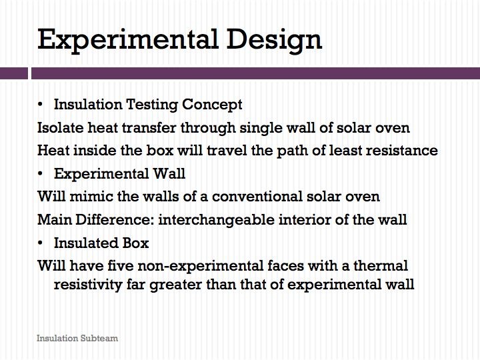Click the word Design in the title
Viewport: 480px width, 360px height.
tap(274, 41)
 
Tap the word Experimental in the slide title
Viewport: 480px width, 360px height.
tap(128, 41)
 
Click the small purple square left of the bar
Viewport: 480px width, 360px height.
tap(14, 73)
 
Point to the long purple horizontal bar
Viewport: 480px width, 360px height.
tap(255, 73)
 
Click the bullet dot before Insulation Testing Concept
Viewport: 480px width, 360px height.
tap(40, 105)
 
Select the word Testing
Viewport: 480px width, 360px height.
tap(152, 105)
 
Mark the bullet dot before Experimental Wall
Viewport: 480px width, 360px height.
tap(40, 173)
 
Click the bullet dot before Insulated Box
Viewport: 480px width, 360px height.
tap(40, 243)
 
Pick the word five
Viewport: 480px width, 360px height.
tap(120, 265)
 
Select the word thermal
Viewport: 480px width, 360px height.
tap(381, 265)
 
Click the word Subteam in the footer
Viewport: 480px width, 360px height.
tap(99, 338)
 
